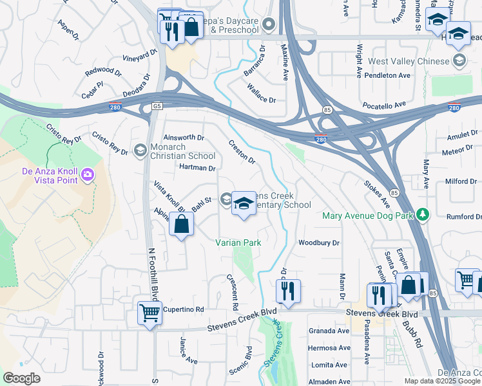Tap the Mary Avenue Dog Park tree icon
(x=423, y=214)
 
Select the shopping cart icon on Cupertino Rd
(x=149, y=313)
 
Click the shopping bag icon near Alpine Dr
(x=182, y=224)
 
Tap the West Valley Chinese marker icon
(x=459, y=61)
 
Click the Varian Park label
(x=238, y=243)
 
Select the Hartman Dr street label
(x=197, y=168)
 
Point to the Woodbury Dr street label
(x=318, y=243)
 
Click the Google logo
(x=21, y=378)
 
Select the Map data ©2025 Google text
(x=442, y=381)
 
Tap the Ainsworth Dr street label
(x=184, y=138)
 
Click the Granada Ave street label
(x=329, y=331)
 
